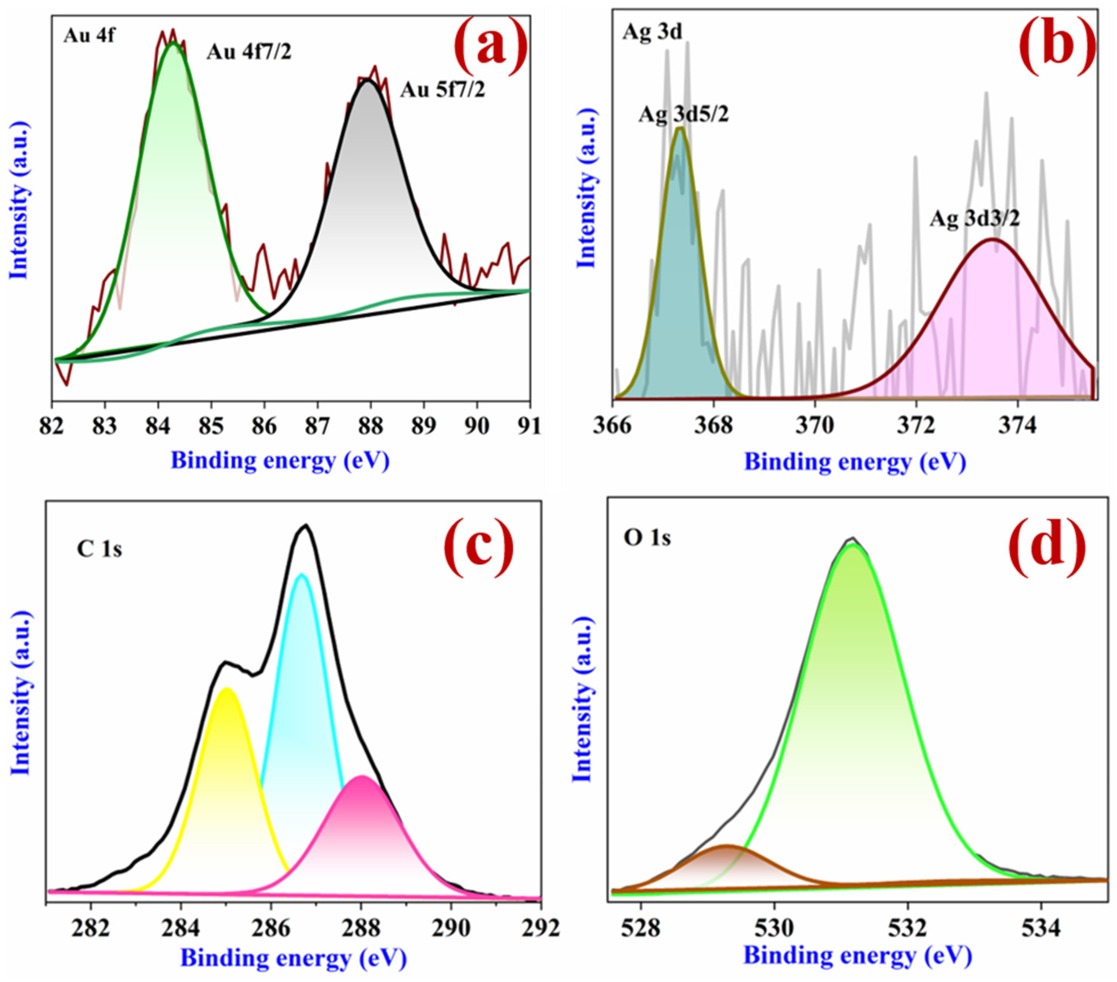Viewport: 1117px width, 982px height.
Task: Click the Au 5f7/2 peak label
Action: (442, 90)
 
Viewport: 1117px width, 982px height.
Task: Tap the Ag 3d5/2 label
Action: (683, 115)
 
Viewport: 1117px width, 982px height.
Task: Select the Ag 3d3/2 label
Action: (975, 219)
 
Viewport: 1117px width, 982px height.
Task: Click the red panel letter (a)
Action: (491, 46)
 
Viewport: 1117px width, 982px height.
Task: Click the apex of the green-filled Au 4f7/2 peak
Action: (173, 43)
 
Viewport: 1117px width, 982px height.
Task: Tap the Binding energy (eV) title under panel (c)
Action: (293, 958)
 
